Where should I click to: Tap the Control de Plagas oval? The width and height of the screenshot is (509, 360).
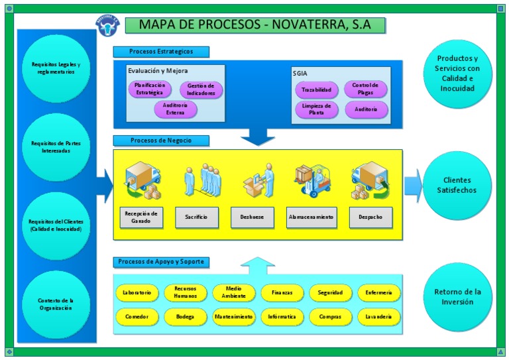(365, 89)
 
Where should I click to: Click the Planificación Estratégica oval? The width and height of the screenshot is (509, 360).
(150, 89)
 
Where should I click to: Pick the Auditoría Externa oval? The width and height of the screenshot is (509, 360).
(176, 109)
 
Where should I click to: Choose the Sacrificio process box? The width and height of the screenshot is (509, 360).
(197, 217)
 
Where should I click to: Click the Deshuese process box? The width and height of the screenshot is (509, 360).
(253, 217)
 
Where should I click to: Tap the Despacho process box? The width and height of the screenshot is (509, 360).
(370, 217)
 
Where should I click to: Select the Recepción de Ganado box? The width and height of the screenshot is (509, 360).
(141, 217)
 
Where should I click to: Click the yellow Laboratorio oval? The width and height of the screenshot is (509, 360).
(137, 292)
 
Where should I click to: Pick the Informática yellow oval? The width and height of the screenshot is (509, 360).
(282, 317)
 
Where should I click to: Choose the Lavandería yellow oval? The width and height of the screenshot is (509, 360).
(378, 317)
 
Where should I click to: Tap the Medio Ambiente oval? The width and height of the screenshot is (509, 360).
(233, 292)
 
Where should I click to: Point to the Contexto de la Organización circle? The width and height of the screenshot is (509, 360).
(56, 304)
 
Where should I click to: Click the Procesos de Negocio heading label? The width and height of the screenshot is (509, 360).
(161, 141)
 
